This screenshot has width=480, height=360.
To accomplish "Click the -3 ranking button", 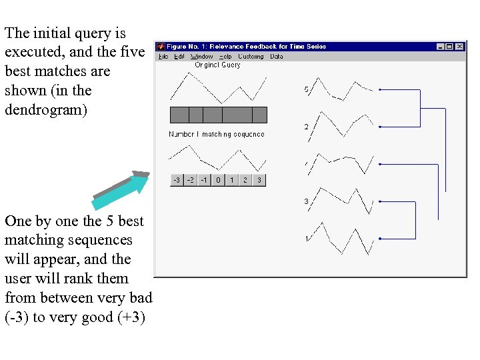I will click(x=177, y=180).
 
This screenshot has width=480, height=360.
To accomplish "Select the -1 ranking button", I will click(x=204, y=180).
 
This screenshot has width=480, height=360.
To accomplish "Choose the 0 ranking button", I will click(x=218, y=180).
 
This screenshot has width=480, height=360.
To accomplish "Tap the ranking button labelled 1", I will click(x=231, y=180).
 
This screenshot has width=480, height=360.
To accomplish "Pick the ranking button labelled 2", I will click(x=245, y=180).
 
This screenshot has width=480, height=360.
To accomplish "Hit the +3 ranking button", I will click(x=259, y=180).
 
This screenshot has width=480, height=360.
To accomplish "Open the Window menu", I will click(x=202, y=57).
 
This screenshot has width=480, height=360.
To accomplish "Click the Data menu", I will click(x=277, y=57).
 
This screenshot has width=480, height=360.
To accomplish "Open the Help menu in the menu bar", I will click(x=225, y=57).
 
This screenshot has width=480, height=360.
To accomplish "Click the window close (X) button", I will click(x=459, y=47).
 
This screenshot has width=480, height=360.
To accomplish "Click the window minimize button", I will click(x=441, y=47).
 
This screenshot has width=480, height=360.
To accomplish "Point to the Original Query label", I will click(x=217, y=65).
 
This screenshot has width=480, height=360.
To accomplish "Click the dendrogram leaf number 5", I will click(x=307, y=89).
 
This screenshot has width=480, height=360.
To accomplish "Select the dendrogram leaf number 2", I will click(x=307, y=127).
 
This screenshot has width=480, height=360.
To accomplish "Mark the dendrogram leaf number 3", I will click(x=307, y=201).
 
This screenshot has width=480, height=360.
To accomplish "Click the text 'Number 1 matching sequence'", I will click(x=217, y=134).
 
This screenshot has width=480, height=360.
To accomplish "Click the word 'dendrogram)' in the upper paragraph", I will click(x=46, y=109).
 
